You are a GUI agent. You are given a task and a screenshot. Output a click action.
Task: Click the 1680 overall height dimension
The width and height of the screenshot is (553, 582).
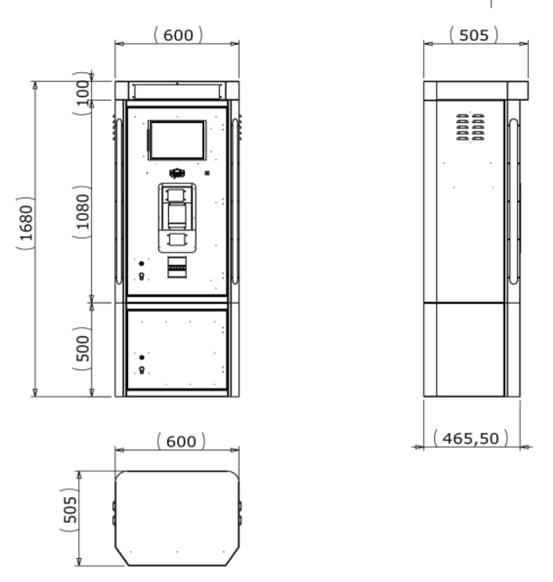26,223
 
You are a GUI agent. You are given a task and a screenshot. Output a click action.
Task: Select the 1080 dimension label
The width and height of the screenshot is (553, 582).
83,212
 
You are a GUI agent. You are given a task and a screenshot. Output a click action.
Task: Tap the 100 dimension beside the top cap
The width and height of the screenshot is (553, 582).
83,93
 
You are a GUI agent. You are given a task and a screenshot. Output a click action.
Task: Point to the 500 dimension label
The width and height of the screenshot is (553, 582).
83,348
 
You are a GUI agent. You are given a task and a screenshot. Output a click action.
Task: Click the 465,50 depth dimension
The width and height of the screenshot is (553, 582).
470,438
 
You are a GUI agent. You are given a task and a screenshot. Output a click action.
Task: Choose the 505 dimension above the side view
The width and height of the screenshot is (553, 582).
474,35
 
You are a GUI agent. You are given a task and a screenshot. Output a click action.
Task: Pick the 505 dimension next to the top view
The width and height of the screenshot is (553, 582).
70,510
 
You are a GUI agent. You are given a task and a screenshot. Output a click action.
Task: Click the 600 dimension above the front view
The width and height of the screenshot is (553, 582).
178,35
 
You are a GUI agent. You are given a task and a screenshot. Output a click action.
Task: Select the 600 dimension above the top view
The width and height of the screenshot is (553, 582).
181,441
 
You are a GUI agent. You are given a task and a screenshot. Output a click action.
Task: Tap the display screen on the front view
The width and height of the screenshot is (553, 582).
177,140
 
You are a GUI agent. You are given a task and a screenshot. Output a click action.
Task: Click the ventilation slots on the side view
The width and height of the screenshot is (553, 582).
470,128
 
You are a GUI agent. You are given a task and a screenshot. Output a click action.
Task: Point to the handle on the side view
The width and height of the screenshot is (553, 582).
513,201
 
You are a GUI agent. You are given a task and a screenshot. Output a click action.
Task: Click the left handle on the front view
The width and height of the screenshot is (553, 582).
118,201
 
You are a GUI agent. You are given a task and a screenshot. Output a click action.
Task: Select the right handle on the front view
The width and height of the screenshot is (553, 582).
235,201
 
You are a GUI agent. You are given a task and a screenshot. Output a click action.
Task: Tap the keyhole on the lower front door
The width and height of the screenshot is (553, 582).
142,370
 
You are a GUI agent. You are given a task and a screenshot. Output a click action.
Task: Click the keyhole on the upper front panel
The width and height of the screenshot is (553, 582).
141,276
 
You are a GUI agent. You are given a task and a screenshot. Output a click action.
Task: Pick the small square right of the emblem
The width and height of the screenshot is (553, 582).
207,173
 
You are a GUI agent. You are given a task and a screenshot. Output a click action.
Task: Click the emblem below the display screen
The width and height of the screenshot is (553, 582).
178,173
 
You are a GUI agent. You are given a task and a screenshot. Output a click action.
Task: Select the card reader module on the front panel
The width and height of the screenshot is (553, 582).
177,218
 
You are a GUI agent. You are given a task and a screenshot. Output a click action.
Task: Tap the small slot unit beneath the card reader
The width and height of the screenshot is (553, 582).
177,267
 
